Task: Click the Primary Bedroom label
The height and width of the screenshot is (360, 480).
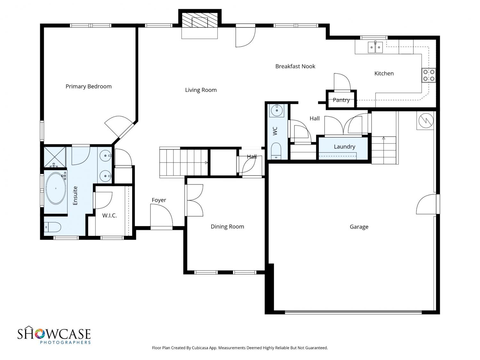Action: click(x=89, y=86)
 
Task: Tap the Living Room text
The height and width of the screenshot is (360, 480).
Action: click(x=201, y=90)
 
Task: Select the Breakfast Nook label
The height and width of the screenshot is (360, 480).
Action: click(x=295, y=66)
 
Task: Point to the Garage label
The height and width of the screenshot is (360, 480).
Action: click(x=359, y=227)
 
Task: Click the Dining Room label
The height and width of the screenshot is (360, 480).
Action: click(x=227, y=227)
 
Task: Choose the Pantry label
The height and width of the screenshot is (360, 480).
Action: click(x=341, y=100)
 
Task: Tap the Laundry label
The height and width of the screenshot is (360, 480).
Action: click(x=344, y=147)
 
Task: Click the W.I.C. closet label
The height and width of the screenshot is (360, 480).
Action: click(x=109, y=216)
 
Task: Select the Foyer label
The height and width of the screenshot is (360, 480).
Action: click(x=159, y=200)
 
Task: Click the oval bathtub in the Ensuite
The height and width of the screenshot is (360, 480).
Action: click(x=56, y=188)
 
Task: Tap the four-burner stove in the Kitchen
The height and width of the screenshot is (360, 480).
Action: click(x=428, y=75)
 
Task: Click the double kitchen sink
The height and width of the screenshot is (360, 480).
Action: click(x=375, y=47)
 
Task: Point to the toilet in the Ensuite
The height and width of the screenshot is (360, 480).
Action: click(x=52, y=227)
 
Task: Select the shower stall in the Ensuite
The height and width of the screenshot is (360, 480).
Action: click(x=55, y=157)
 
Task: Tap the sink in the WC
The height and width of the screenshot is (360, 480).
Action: click(x=277, y=111)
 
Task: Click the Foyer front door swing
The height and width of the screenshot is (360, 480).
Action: click(x=161, y=215)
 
